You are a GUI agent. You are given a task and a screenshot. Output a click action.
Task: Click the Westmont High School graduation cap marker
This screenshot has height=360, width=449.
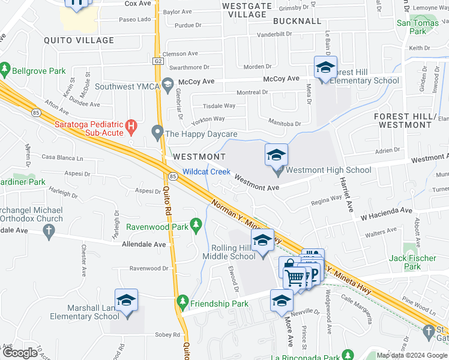pyautogui.click(x=277, y=155)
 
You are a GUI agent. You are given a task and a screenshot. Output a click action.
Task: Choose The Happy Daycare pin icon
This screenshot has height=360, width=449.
pyautogui.click(x=158, y=131)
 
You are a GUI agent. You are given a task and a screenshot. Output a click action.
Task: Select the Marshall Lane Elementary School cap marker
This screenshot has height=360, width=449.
pyautogui.click(x=126, y=301)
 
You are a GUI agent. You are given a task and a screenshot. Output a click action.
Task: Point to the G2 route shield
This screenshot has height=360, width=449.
pyautogui.click(x=158, y=61)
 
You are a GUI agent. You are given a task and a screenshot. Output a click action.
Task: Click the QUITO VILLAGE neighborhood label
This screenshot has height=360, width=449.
pyautogui.click(x=79, y=40)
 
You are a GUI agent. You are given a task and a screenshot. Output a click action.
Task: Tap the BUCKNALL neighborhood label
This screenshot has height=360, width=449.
pyautogui.click(x=297, y=21)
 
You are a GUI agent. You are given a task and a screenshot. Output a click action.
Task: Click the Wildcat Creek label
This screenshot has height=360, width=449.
pyautogui.click(x=206, y=172)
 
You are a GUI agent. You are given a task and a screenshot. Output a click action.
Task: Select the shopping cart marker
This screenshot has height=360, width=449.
pyautogui.click(x=295, y=278)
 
